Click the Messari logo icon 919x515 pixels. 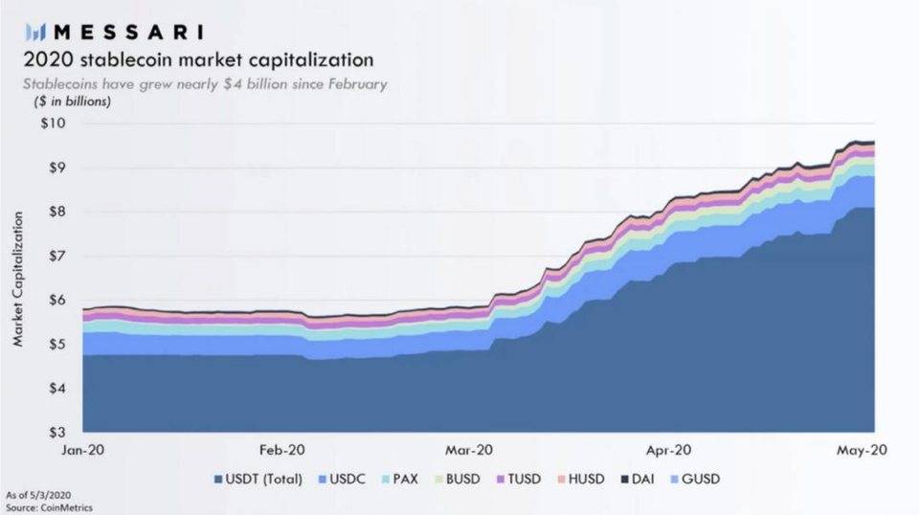[x=37, y=31]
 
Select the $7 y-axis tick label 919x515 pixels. [x=55, y=256]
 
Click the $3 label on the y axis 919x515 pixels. [x=55, y=432]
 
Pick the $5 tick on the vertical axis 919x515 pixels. [x=55, y=344]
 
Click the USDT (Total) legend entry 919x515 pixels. [x=260, y=479]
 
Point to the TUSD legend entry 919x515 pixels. [x=522, y=479]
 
